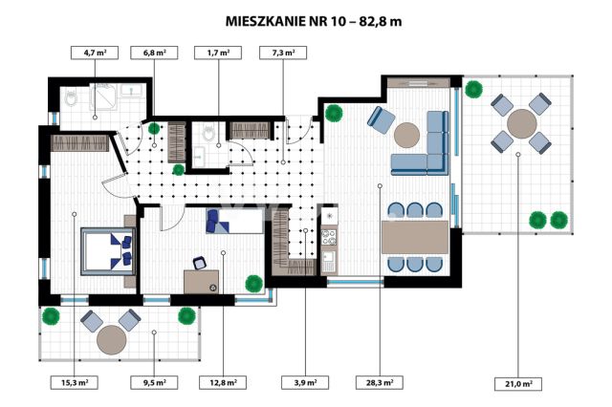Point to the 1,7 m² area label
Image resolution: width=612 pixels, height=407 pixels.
pyautogui.click(x=217, y=54)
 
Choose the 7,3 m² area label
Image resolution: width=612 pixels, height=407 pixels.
pyautogui.click(x=283, y=54)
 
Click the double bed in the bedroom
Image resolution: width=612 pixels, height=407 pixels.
pyautogui.click(x=104, y=248)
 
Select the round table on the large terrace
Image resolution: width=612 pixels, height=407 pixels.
pyautogui.click(x=522, y=123)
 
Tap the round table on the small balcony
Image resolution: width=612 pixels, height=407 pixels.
pyautogui.click(x=111, y=336)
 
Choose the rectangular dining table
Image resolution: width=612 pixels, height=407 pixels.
pyautogui.click(x=414, y=236)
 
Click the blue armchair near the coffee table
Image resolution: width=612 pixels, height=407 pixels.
pyautogui.click(x=380, y=120)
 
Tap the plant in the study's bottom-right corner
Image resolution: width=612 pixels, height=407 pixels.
pyautogui.click(x=253, y=283)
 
